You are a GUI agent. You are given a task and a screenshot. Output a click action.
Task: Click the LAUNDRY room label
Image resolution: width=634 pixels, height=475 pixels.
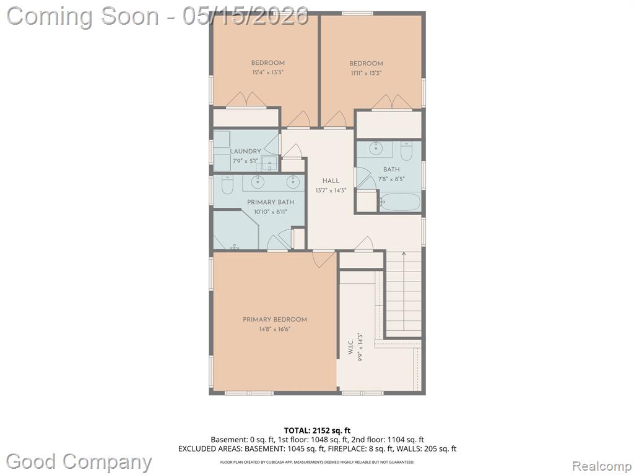(245, 151)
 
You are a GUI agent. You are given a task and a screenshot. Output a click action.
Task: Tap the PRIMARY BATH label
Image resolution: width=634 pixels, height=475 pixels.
(271, 202)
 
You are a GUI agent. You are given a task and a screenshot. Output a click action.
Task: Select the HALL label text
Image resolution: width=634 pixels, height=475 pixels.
(331, 181)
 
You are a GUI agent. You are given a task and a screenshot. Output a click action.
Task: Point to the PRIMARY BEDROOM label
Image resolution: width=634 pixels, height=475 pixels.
(274, 320)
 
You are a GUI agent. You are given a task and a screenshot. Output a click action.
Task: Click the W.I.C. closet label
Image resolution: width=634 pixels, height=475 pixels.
(350, 347)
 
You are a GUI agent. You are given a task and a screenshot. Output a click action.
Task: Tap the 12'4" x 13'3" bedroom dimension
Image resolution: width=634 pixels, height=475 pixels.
(267, 73)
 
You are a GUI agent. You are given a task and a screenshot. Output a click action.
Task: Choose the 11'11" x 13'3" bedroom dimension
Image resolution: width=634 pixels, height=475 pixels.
(367, 73)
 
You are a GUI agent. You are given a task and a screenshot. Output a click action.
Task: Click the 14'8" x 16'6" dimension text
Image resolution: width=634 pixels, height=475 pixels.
(275, 329)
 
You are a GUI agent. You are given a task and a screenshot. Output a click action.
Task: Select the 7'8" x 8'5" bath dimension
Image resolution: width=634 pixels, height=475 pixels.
(391, 179)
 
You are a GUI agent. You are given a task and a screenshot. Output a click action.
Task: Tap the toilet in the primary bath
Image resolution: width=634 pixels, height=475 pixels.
(227, 185)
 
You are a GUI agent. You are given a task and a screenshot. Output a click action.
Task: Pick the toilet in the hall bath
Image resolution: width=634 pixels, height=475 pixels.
(406, 151)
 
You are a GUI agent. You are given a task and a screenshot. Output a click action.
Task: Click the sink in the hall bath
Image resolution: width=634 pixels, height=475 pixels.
(376, 148)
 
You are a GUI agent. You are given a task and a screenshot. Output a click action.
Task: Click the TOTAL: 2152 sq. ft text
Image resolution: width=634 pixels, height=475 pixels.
(317, 430)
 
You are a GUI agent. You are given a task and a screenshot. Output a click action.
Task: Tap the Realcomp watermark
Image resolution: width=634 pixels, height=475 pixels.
(602, 466)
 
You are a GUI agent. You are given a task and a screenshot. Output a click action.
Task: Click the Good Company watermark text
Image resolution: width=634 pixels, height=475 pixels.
(79, 462)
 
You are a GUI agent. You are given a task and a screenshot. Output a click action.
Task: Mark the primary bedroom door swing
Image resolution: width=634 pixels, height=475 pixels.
(324, 259)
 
